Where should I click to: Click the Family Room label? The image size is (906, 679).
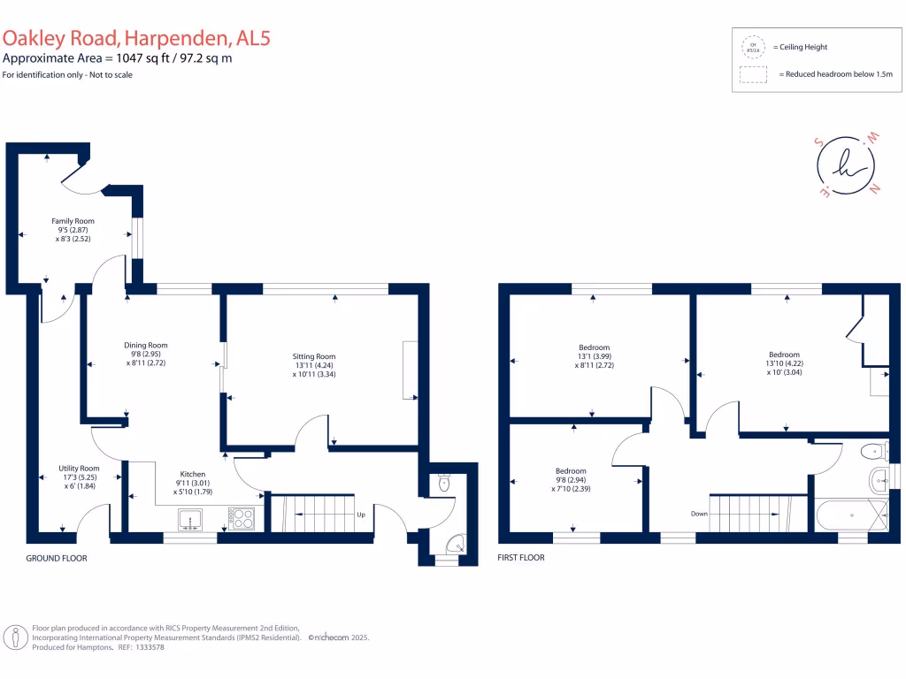[x=73, y=221]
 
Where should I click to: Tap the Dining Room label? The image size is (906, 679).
[x=146, y=345]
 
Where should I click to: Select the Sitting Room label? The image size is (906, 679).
[x=314, y=356]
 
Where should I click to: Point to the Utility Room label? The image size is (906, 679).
[x=79, y=468]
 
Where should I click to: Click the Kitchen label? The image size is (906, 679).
[x=193, y=474]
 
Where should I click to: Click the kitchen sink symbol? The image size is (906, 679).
[x=190, y=519]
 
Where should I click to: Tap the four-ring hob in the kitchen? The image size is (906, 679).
[x=242, y=519]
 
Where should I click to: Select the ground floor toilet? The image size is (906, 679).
[x=444, y=483]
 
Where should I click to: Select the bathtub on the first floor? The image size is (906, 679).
[x=849, y=514]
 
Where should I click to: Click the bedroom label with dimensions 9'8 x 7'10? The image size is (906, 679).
[x=571, y=470]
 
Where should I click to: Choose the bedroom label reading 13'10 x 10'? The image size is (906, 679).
[x=784, y=355]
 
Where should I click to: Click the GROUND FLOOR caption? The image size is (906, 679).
[x=57, y=558]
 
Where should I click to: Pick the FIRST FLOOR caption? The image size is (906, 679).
[x=522, y=558]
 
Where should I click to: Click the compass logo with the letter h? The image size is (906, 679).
[x=845, y=164]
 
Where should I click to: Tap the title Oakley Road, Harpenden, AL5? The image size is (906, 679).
[x=123, y=38]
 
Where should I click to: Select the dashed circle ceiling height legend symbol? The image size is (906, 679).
[x=754, y=47]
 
